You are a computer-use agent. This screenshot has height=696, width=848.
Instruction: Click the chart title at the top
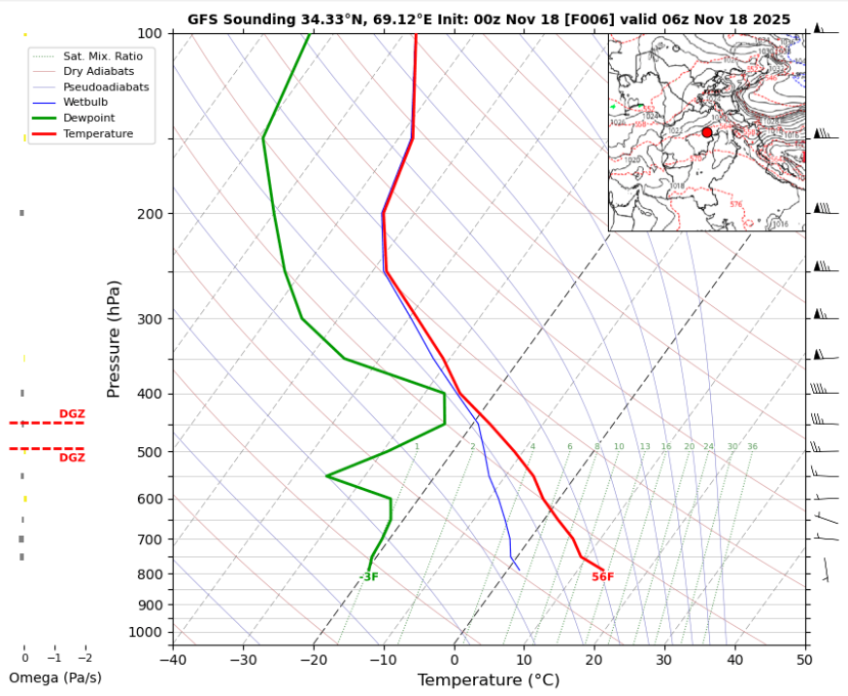[x=489, y=18]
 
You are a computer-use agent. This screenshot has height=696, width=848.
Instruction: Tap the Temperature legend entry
[x=97, y=133]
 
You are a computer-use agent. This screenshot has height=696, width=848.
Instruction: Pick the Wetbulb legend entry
[x=86, y=102]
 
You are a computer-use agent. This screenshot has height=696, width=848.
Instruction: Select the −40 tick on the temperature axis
[x=173, y=660]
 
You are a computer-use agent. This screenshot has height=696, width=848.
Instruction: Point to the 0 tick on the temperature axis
[x=454, y=660]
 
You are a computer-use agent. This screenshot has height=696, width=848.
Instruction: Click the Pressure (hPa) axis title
[x=114, y=338]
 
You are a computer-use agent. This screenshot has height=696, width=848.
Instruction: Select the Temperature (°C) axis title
[x=488, y=680]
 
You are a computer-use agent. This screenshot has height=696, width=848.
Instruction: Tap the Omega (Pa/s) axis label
[x=54, y=678]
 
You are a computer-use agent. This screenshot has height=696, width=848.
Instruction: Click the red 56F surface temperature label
[x=602, y=577]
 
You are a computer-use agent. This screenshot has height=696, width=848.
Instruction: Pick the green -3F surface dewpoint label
[x=368, y=577]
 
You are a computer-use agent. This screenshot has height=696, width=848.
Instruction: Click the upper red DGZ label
[x=72, y=414]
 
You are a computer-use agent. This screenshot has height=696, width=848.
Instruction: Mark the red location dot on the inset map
[x=706, y=132]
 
